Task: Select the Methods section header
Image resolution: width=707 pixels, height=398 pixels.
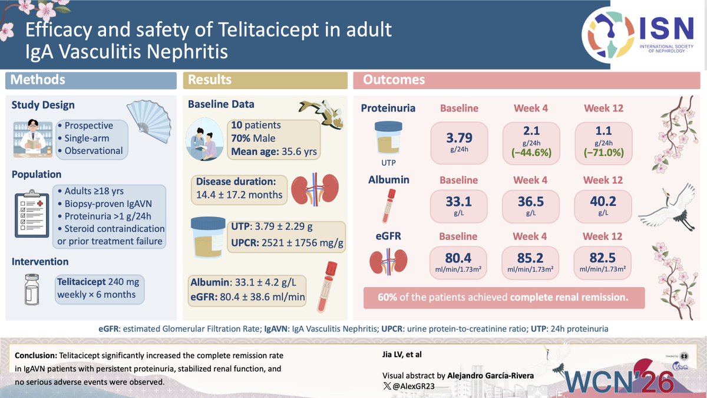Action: (x=38, y=80)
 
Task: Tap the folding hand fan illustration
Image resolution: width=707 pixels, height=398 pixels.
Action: (x=149, y=123)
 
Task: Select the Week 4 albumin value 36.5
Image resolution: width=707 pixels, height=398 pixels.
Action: (x=531, y=202)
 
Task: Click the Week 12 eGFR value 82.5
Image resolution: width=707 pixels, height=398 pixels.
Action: (x=603, y=257)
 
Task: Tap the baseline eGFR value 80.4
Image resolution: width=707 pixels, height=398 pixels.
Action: (x=460, y=257)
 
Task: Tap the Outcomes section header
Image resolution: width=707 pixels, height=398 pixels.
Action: (x=394, y=80)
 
